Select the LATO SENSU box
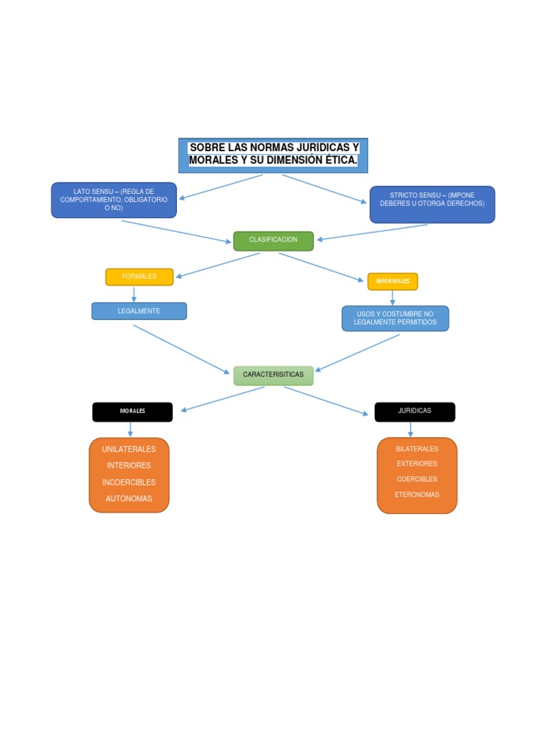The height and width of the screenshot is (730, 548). pos(113,200)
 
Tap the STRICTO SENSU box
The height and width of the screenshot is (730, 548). pos(432,205)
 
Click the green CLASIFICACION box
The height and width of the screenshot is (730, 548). pos(273,240)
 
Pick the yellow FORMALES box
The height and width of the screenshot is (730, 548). pos(139,277)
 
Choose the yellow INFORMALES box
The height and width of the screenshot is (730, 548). pos(392,282)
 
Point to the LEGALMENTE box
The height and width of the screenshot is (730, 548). pos(139,311)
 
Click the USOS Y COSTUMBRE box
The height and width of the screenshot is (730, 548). pos(395,319)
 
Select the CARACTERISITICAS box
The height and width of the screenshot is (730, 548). pos(273,375)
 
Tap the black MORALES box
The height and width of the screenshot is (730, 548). pos(132,412)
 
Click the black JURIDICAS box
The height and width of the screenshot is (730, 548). pos(415,411)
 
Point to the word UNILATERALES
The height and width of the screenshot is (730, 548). pos(128,449)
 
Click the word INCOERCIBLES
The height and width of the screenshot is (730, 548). pos(128,483)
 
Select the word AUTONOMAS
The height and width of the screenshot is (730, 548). pos(128,499)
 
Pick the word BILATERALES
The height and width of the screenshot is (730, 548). pos(417,449)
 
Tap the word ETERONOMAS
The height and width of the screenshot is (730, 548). pos(417,495)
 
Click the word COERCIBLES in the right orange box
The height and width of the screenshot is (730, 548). pos(417,479)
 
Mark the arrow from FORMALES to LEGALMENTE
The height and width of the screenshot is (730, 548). pos(134,294)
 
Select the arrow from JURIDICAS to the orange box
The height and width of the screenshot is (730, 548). pos(410,429)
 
